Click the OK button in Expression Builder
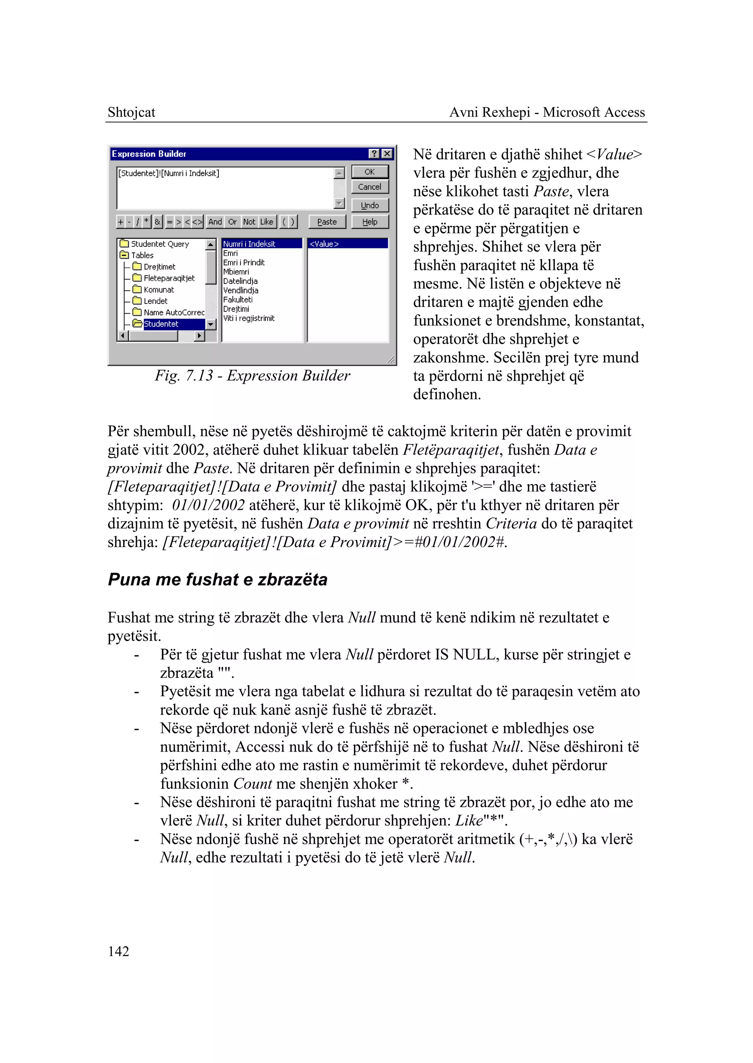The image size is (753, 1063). [x=370, y=172]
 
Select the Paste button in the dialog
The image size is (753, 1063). [x=327, y=222]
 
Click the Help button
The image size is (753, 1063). [x=370, y=222]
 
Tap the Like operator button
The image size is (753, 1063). [x=267, y=222]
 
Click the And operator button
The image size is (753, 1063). [x=215, y=222]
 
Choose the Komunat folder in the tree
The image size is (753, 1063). [x=158, y=290]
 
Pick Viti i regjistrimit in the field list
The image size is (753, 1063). [x=249, y=318]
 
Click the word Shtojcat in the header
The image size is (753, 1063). [x=131, y=112]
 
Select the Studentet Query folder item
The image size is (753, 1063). [x=160, y=244]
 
